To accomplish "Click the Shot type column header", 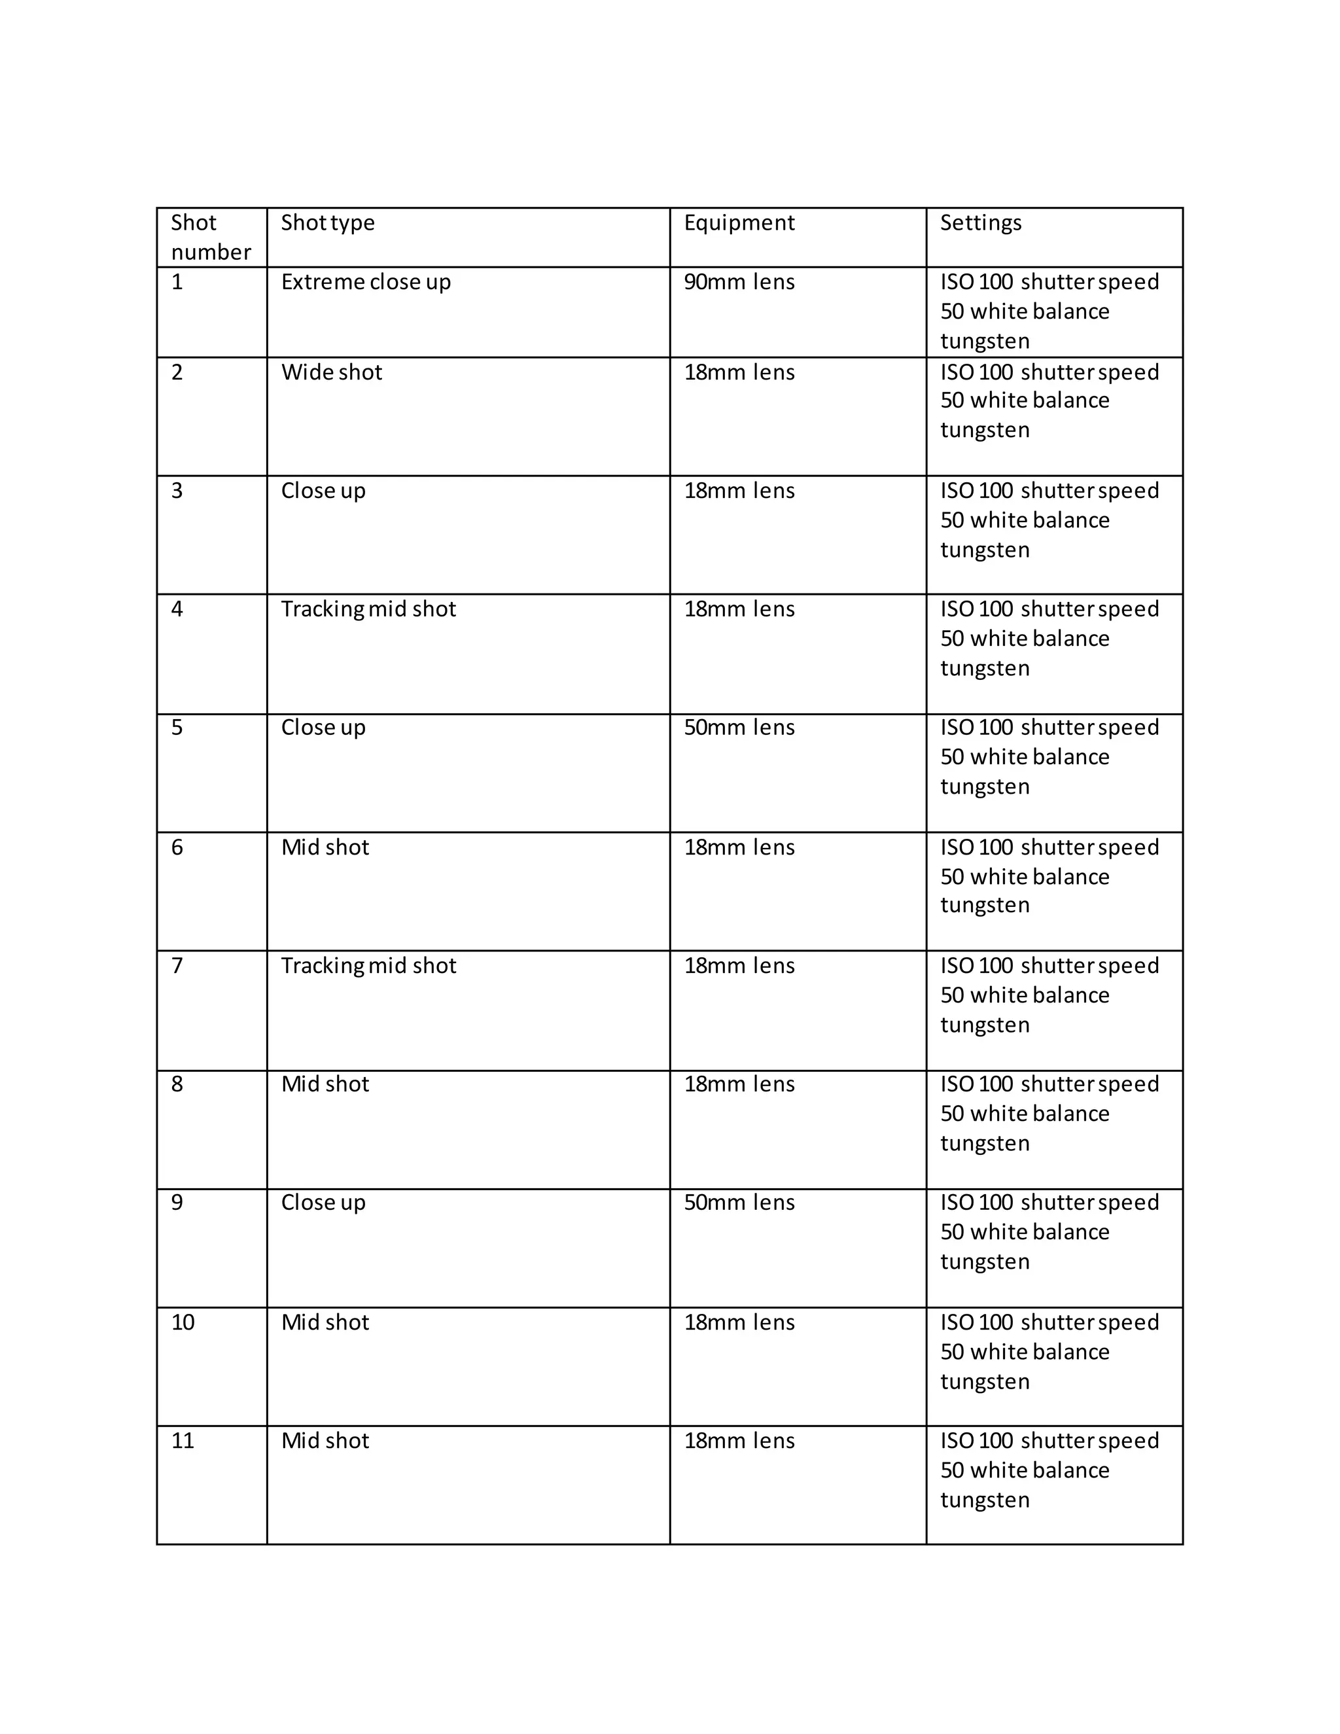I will point(327,223).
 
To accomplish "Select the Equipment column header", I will point(738,223).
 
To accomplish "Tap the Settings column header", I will point(980,223).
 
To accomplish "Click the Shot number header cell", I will point(211,238).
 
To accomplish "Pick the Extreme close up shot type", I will point(365,283).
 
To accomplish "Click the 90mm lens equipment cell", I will point(738,283).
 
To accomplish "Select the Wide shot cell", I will point(331,372).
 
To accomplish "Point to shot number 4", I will point(177,609).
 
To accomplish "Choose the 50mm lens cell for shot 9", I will point(738,1203).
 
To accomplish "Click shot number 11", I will point(183,1441).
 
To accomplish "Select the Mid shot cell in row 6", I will point(325,848).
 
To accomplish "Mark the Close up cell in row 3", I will point(323,491).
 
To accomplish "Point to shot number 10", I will point(183,1322).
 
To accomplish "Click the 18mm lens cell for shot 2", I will point(738,372).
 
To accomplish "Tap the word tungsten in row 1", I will point(984,342).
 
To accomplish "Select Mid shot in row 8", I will point(325,1084).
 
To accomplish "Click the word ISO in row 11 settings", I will point(957,1441).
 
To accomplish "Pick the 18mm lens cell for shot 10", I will point(738,1322).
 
